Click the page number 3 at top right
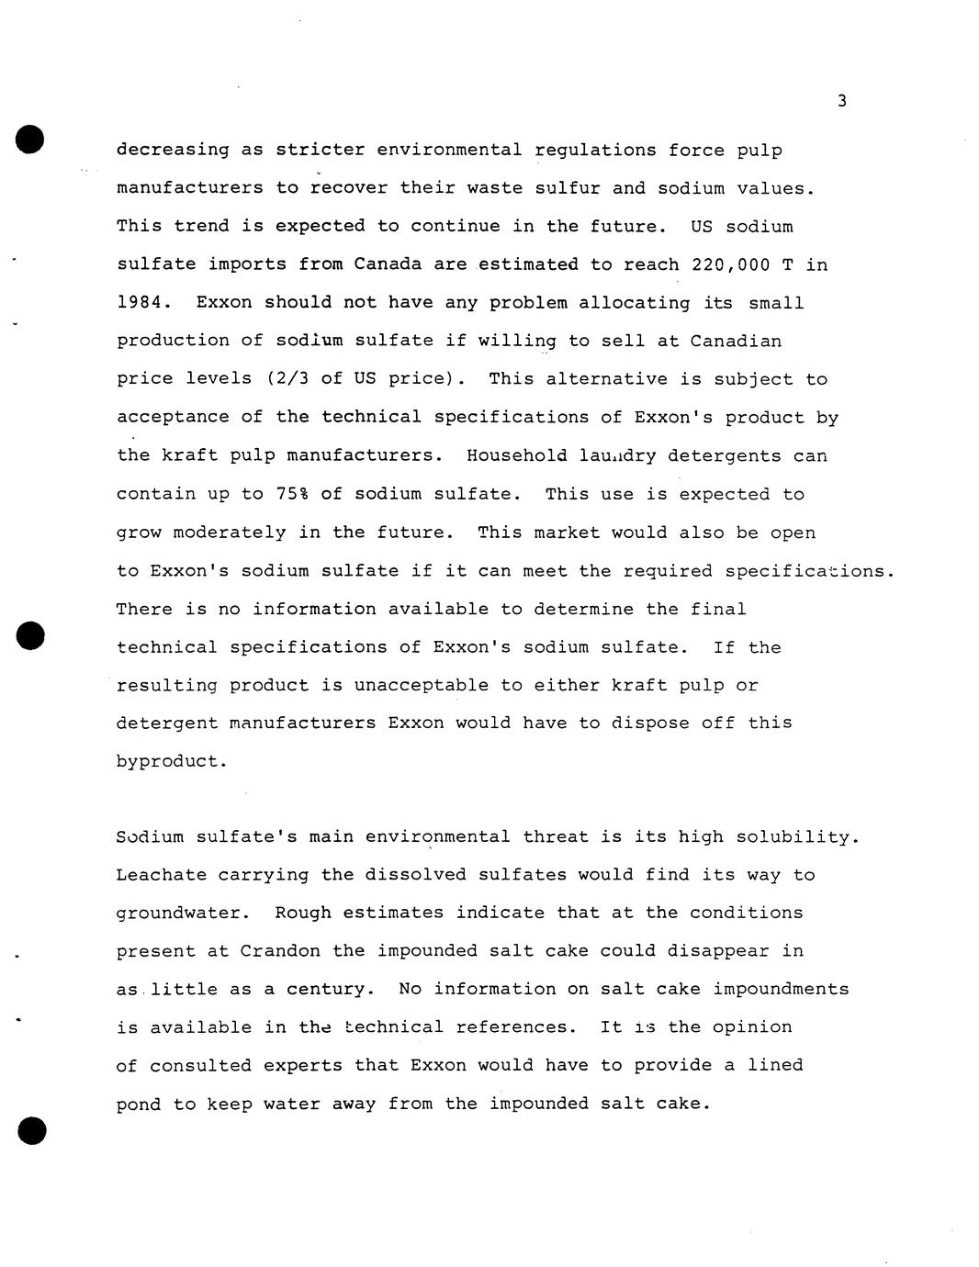click(x=841, y=101)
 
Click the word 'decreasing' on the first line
click(x=173, y=151)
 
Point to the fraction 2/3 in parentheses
click(x=286, y=379)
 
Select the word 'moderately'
click(x=230, y=533)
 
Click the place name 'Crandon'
click(x=280, y=951)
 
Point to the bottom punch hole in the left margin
click(x=30, y=1130)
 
